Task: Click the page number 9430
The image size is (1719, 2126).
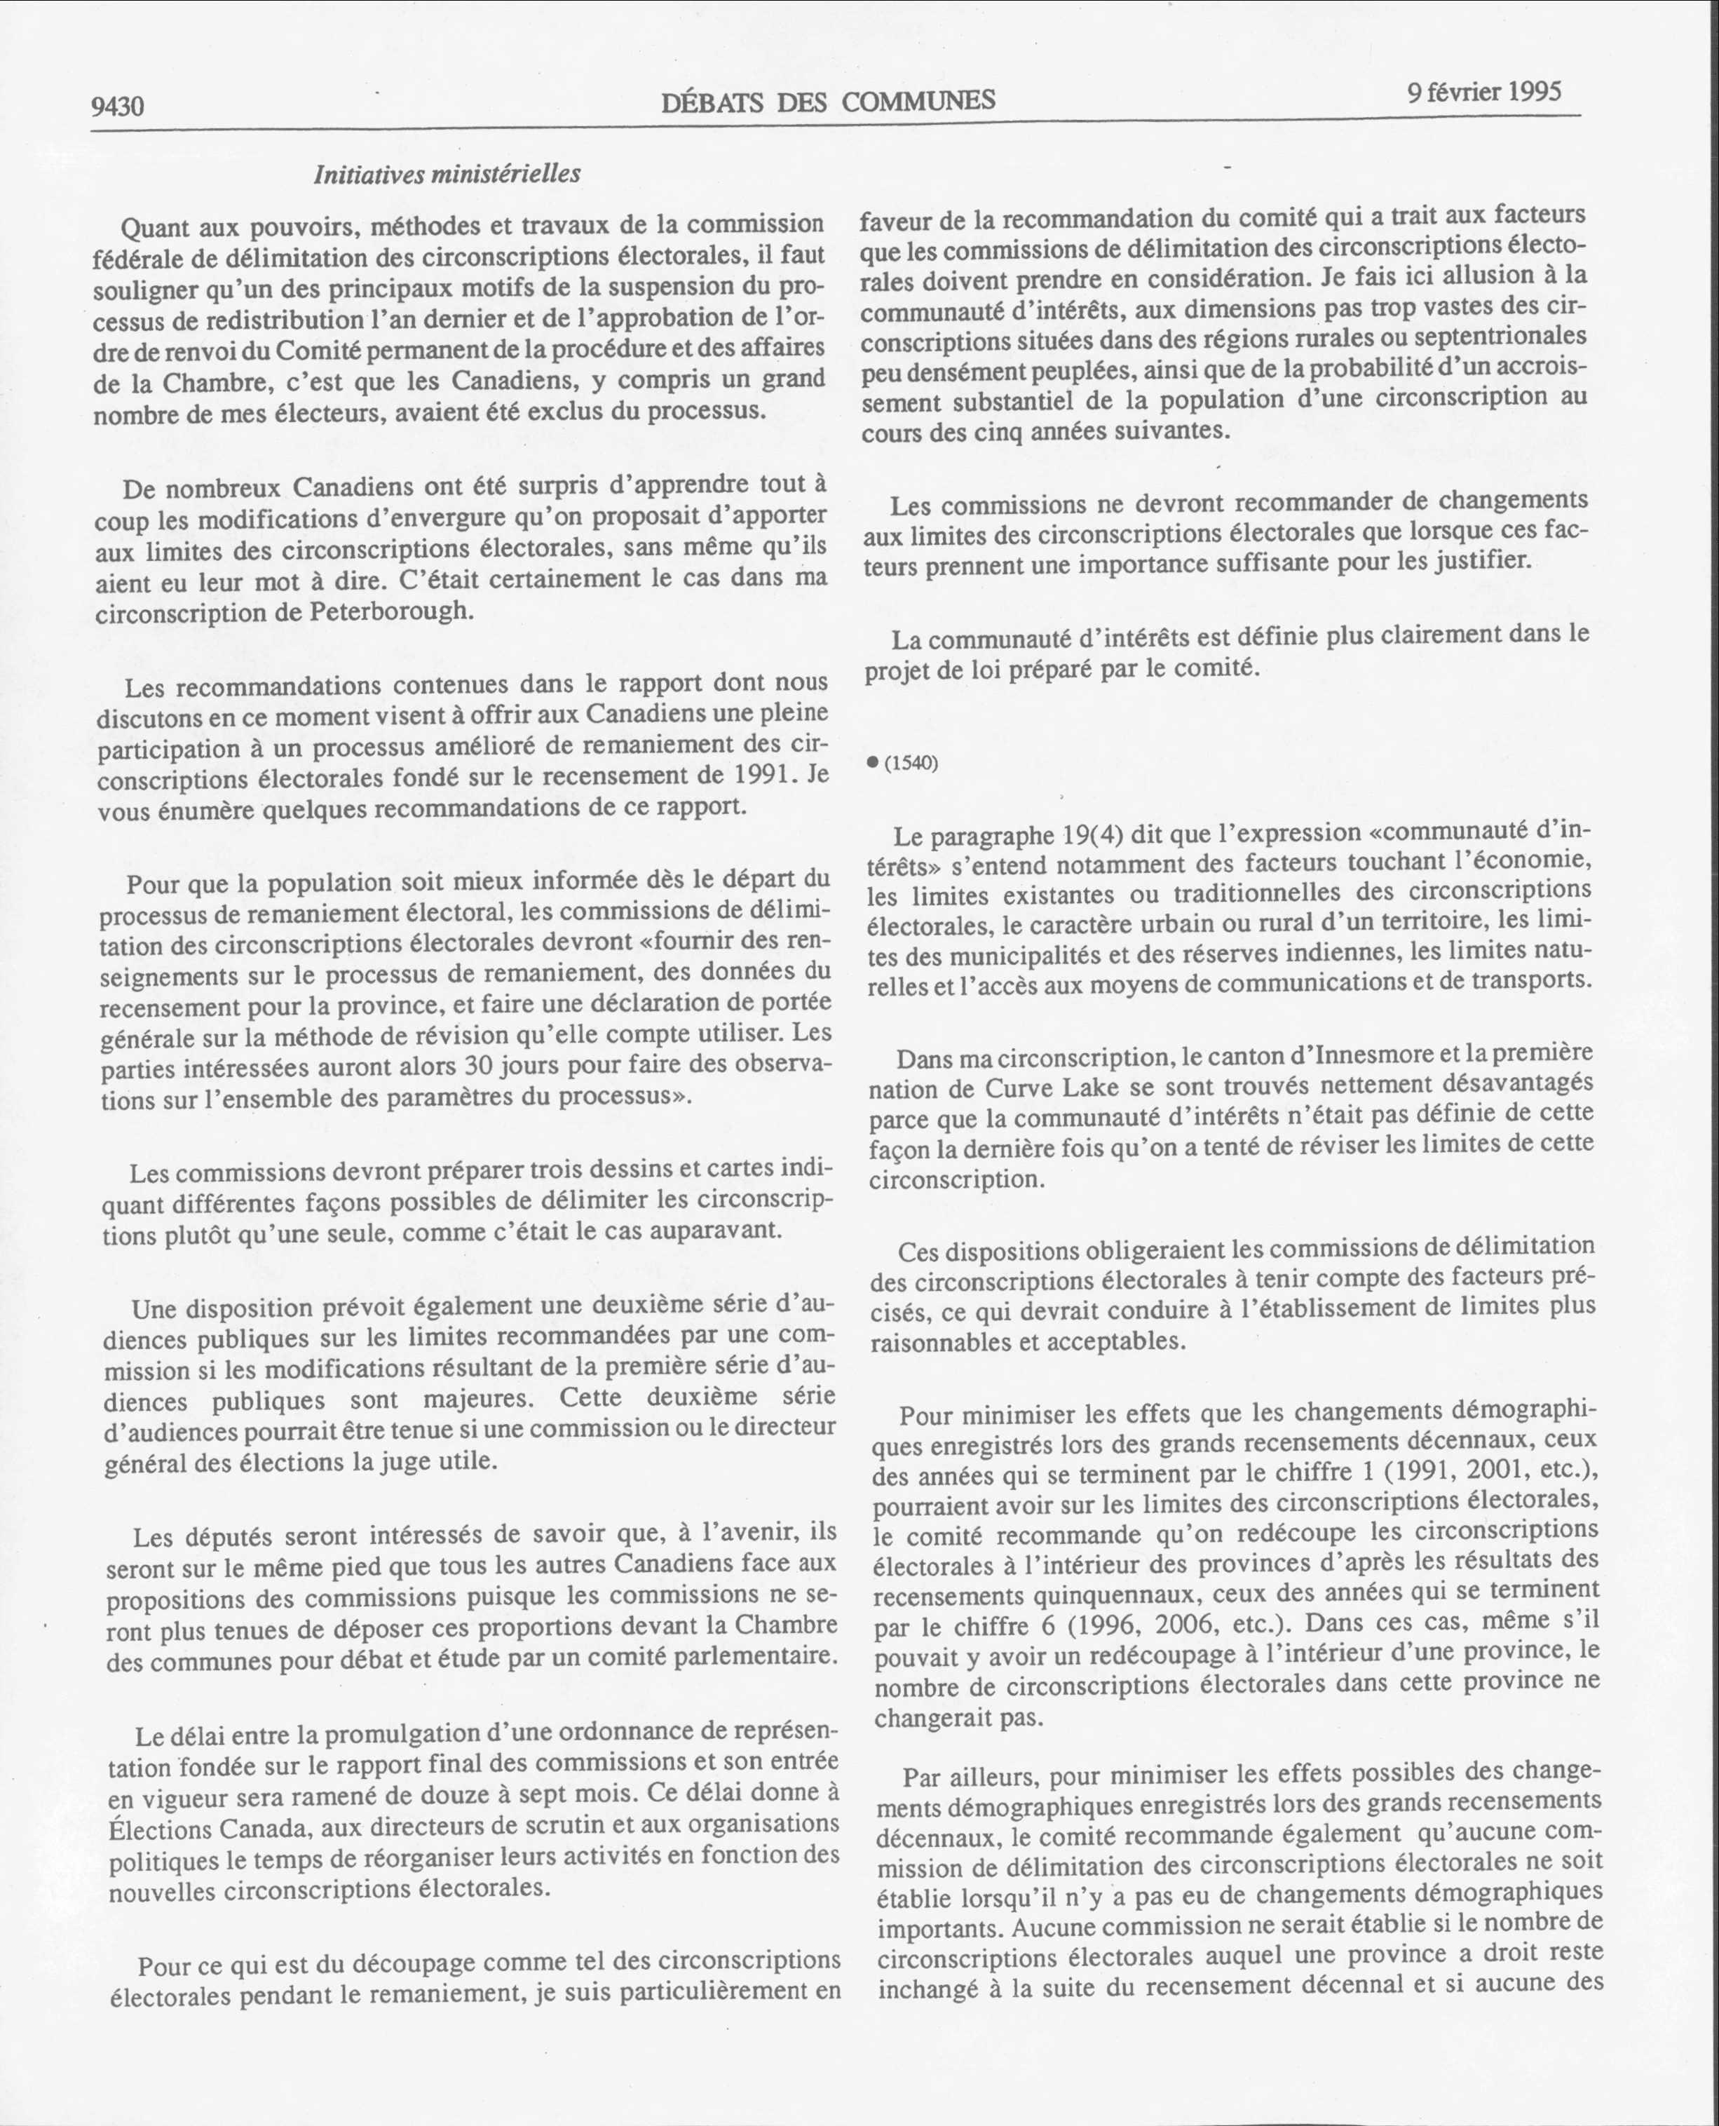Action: [118, 106]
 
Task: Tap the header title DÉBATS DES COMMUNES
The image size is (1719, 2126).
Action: [828, 101]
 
